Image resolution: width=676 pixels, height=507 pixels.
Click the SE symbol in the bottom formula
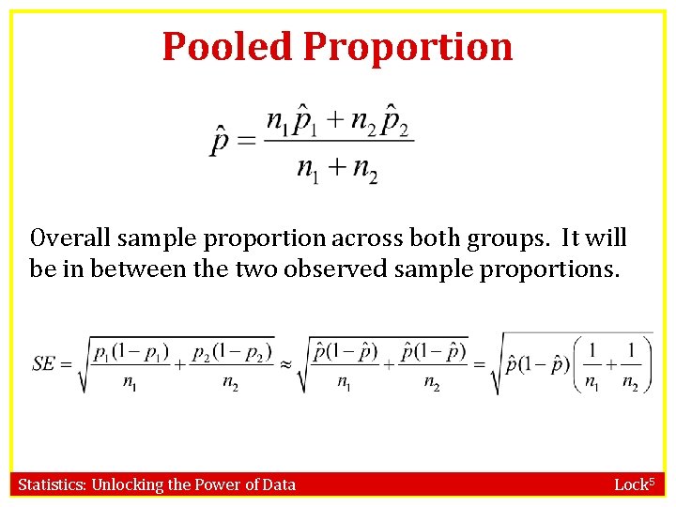pyautogui.click(x=43, y=362)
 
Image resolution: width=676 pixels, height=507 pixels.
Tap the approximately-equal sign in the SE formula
pyautogui.click(x=286, y=363)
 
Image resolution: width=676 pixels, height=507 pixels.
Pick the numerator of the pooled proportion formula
pyautogui.click(x=338, y=120)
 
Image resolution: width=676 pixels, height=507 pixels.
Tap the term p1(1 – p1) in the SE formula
pyautogui.click(x=130, y=351)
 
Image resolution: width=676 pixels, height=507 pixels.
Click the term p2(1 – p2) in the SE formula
pyautogui.click(x=230, y=351)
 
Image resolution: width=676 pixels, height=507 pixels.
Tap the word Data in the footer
pyautogui.click(x=277, y=484)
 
